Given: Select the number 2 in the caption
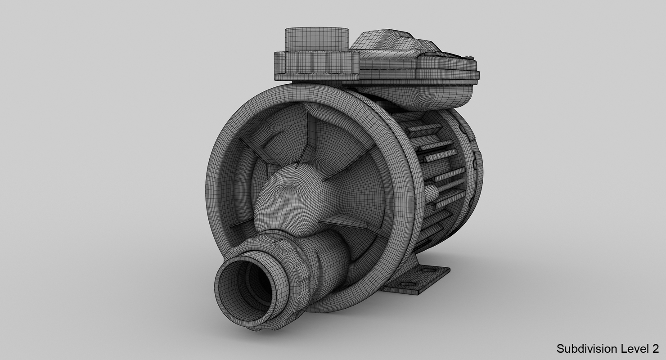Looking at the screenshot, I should (x=655, y=348).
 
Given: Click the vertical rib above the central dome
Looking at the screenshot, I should (x=310, y=135).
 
